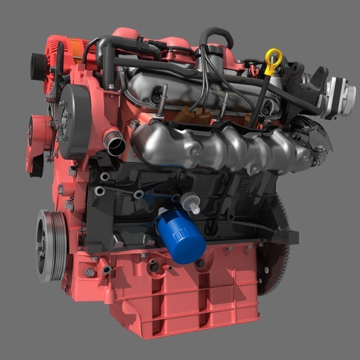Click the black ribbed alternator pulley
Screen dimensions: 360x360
tap(38, 67)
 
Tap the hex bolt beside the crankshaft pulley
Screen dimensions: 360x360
tap(90, 272)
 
